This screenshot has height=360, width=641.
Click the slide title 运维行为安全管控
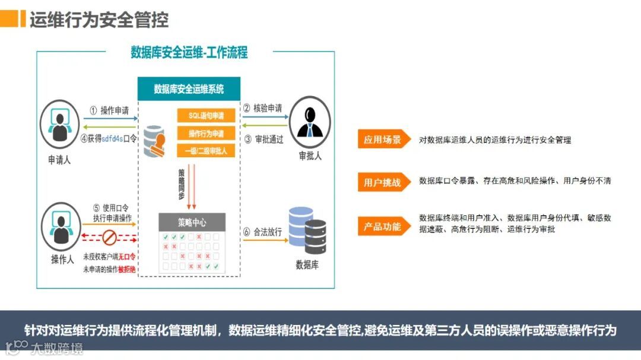coord(99,20)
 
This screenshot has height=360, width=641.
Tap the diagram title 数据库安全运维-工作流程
coord(189,52)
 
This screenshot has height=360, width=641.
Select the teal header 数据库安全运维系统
coord(189,89)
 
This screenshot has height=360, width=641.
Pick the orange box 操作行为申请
coord(207,133)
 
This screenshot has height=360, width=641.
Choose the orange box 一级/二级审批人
coord(207,151)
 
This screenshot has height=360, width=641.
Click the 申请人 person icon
coord(59,124)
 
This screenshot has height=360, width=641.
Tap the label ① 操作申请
coord(109,110)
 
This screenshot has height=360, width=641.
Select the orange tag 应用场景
coord(383,140)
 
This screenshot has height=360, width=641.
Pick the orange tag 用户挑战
coord(383,182)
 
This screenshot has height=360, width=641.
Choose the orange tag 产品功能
coord(383,226)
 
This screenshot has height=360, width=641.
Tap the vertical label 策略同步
coord(182,184)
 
